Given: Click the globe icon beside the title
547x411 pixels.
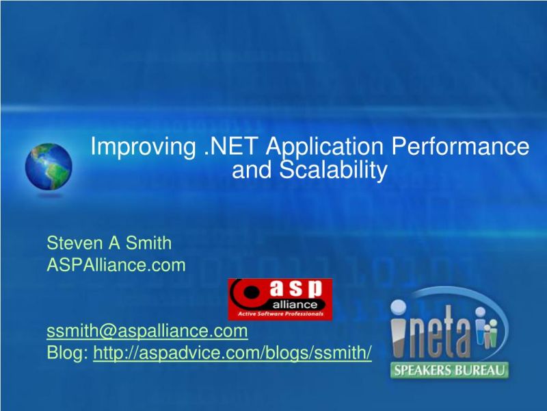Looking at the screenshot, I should (48, 167).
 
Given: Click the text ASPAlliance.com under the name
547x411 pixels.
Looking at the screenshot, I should (116, 264).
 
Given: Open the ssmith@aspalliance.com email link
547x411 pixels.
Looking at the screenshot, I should (147, 332).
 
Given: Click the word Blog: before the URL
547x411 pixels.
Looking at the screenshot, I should (68, 353).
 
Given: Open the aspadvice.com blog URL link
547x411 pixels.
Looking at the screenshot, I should (232, 353).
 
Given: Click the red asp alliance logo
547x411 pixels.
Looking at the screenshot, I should (280, 299).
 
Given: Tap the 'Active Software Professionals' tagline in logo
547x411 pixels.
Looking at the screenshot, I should (280, 315).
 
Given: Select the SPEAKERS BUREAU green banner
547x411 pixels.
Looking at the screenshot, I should (449, 371).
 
